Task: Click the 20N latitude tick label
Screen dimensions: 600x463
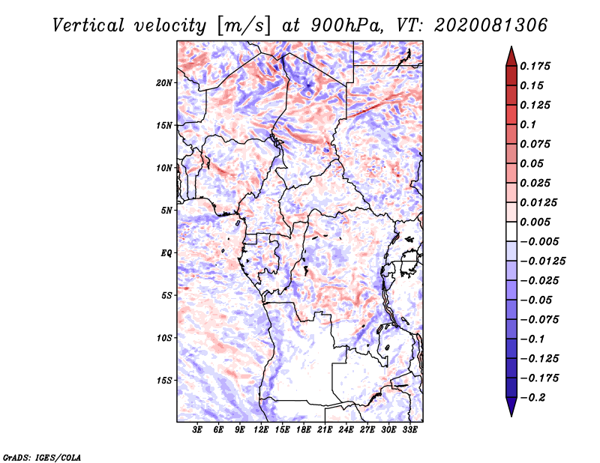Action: [x=164, y=83]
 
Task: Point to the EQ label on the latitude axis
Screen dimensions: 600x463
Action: [x=166, y=253]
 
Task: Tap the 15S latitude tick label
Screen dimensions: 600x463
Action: [x=164, y=381]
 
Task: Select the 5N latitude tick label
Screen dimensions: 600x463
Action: [x=166, y=211]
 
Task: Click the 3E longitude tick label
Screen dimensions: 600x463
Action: [x=197, y=430]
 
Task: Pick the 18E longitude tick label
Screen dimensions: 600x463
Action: [x=304, y=430]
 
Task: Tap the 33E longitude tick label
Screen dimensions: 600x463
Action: [x=409, y=430]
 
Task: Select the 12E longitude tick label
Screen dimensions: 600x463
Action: [x=261, y=430]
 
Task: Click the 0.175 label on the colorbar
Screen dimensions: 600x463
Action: [x=535, y=66]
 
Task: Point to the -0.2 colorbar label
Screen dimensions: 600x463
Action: [x=532, y=398]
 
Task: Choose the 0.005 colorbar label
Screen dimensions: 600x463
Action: [x=535, y=222]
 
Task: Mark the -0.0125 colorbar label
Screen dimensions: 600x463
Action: [x=542, y=261]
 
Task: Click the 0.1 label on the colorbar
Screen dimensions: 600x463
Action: [x=528, y=124]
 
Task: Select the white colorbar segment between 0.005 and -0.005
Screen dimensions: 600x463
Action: [x=511, y=231]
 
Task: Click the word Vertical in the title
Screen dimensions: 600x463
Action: [x=88, y=25]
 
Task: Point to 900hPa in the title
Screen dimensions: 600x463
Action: [x=347, y=25]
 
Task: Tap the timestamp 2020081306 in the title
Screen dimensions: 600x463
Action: [x=491, y=25]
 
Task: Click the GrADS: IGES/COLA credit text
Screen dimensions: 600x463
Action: [x=42, y=457]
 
